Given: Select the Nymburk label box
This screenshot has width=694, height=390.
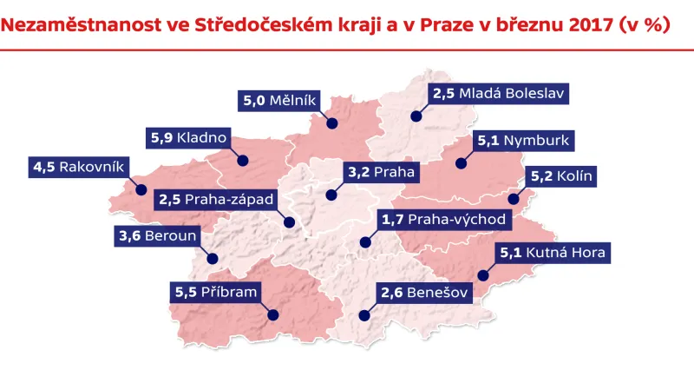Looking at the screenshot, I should click(523, 140).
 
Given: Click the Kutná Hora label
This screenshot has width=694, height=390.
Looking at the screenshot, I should click(553, 254).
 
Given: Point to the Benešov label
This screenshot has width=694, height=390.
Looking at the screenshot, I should click(424, 294).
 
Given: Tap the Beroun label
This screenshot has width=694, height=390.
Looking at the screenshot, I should click(158, 235).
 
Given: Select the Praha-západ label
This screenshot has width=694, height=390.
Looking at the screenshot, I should click(217, 200).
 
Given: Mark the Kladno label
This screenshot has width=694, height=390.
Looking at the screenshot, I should click(187, 137).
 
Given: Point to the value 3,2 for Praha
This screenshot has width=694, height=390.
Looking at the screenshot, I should click(358, 171).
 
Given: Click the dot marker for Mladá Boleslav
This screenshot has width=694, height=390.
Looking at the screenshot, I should click(416, 115).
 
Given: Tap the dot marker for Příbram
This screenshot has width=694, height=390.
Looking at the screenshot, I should click(272, 315).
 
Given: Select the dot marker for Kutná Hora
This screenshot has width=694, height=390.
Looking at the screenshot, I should click(483, 276).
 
